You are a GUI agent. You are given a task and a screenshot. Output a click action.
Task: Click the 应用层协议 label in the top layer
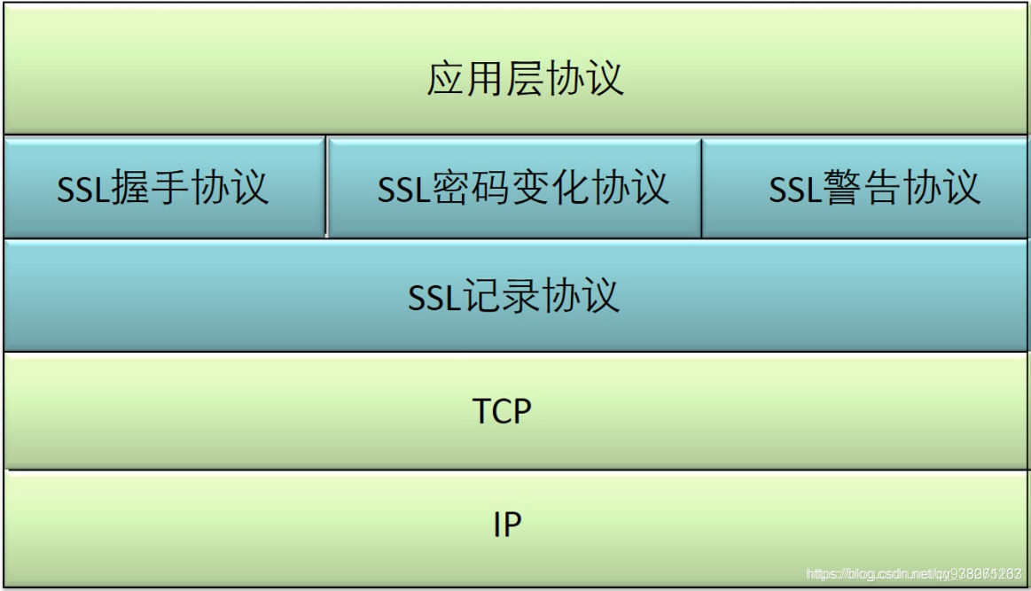tap(525, 78)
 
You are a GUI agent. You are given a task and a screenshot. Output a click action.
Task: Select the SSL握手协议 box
tap(163, 188)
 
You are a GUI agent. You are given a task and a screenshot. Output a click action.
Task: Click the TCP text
tap(502, 411)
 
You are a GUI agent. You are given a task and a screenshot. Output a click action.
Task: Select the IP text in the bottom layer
tap(507, 525)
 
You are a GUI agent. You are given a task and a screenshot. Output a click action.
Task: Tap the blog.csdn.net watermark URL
tap(913, 574)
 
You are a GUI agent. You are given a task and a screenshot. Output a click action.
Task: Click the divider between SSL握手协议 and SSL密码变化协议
tap(326, 187)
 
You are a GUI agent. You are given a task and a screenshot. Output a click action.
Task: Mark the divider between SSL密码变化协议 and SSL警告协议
tap(701, 187)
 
